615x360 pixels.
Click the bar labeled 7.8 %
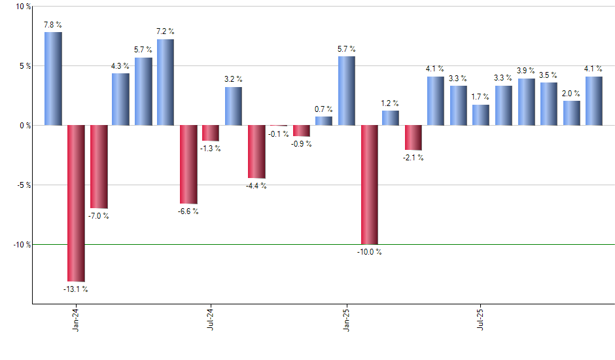coord(53,79)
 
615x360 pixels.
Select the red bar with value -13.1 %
coord(76,203)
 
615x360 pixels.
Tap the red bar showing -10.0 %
coord(369,185)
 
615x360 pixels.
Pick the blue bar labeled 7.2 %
coord(166,82)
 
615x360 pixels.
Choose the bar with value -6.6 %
coord(188,164)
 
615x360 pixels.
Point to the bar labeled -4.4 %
coord(256,151)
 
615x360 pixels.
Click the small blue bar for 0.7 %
coord(324,120)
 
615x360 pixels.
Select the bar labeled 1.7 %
coord(481,115)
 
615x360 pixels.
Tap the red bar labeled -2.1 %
coord(413,137)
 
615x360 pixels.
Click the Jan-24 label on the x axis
coord(77,319)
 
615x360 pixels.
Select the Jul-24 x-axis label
coord(211,319)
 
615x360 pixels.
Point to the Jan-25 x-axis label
coord(346,319)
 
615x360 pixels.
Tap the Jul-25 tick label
coord(481,319)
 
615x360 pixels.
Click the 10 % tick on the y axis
coord(23,7)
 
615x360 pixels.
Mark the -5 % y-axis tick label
coord(23,185)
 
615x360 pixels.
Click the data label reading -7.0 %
coord(98,216)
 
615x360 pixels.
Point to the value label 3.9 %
coord(526,70)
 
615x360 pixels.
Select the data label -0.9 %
coord(301,144)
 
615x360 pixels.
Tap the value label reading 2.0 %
coord(571,92)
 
